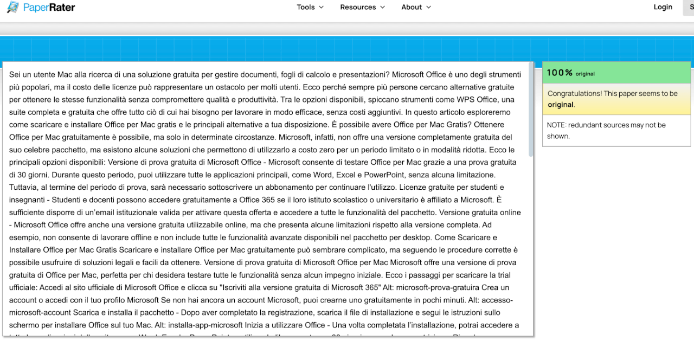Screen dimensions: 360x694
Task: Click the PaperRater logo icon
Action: click(x=12, y=8)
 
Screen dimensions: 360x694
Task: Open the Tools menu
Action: click(x=310, y=7)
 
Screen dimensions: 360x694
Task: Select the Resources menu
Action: click(x=362, y=7)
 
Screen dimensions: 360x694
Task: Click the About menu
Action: click(x=416, y=7)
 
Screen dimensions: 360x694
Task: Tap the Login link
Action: click(x=663, y=7)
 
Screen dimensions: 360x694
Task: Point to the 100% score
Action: click(x=560, y=73)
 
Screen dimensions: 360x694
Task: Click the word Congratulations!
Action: click(x=574, y=94)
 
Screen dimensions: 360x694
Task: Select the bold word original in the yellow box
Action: click(x=560, y=105)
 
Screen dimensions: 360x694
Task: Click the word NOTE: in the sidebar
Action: click(x=556, y=125)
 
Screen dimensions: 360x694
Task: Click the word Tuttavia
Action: click(x=25, y=188)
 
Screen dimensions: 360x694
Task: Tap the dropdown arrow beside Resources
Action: click(x=382, y=7)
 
